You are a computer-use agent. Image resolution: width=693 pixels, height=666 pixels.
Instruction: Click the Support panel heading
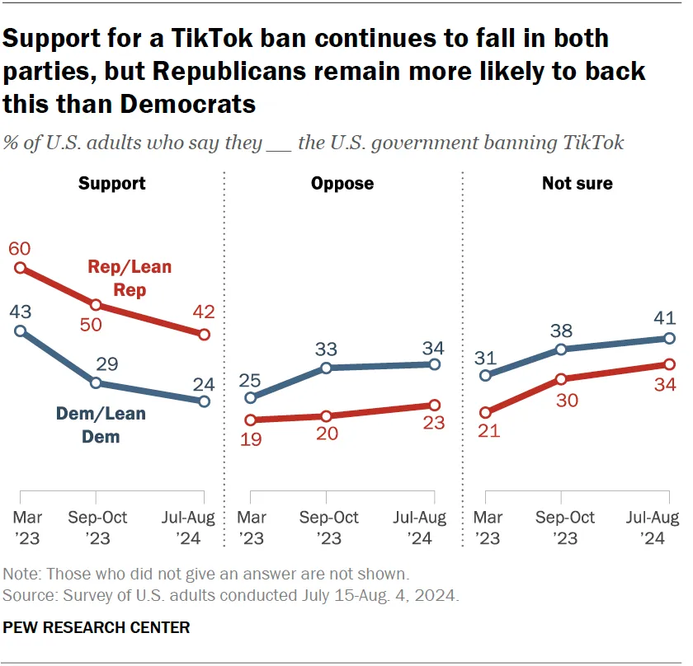coord(111,183)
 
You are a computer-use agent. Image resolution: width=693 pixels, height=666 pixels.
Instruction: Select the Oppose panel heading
coord(342,183)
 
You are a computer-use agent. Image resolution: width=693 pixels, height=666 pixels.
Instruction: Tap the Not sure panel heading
coord(577,183)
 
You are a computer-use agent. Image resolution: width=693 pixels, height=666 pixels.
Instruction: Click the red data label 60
coord(21,249)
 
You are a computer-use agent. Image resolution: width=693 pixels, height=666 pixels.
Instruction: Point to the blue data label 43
coord(21,313)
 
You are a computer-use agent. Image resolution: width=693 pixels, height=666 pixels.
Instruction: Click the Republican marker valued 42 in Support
coord(204,334)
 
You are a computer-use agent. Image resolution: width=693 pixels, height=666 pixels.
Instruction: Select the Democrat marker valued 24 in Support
coord(204,401)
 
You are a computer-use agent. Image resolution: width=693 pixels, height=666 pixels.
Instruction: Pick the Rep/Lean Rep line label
coord(130,278)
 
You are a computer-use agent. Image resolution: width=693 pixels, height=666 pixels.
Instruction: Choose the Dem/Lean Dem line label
coord(101,424)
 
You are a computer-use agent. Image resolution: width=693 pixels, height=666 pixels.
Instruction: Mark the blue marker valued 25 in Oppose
coord(251,398)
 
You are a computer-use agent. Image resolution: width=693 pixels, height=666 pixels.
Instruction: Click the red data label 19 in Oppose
coord(251,439)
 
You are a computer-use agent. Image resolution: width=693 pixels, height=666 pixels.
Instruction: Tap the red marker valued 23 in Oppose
coord(434,405)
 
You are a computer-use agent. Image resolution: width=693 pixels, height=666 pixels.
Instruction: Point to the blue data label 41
coord(668,318)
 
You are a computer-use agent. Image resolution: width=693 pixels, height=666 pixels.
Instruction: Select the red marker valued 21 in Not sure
coord(486,412)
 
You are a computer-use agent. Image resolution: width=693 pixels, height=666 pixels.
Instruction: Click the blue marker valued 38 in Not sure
coord(561,349)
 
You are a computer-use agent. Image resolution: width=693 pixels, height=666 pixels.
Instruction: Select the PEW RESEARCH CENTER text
coord(97,628)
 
